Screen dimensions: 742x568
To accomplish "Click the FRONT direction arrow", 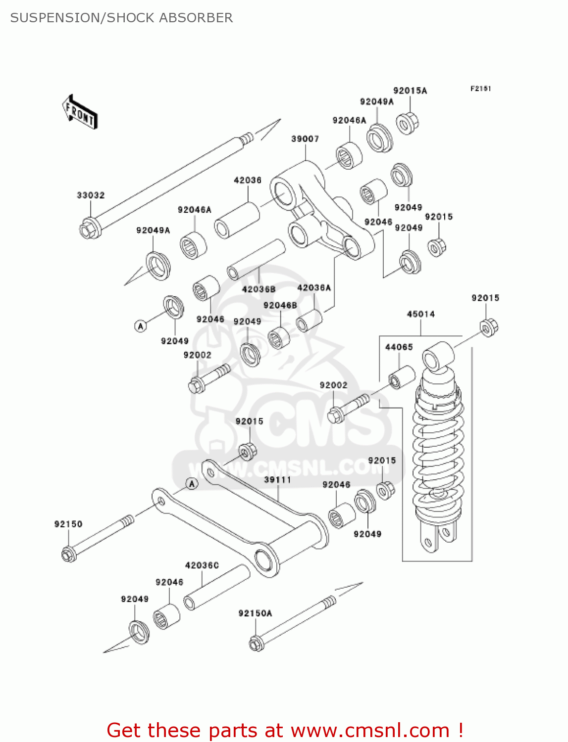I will click(80, 112).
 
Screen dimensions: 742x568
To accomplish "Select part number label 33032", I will click(91, 195).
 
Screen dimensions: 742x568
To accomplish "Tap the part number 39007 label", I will click(305, 139).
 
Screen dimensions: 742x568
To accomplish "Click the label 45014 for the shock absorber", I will click(420, 314).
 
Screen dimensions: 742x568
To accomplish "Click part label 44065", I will click(399, 347).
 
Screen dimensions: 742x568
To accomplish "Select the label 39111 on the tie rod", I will click(277, 480).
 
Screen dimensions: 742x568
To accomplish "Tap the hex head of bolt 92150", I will click(69, 554).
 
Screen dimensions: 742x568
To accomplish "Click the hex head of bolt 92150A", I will click(256, 644).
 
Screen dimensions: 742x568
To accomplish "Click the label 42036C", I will click(202, 565).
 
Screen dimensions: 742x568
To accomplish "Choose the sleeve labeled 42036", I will click(237, 221).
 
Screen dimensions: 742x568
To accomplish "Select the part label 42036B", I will click(258, 289).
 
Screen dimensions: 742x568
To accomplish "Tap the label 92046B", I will click(280, 306).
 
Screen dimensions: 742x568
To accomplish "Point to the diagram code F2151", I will click(480, 89).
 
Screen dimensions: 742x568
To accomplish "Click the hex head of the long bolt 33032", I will click(90, 229).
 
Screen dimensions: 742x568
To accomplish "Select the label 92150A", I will click(255, 613).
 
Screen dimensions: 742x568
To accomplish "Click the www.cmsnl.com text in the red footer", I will click(370, 730).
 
